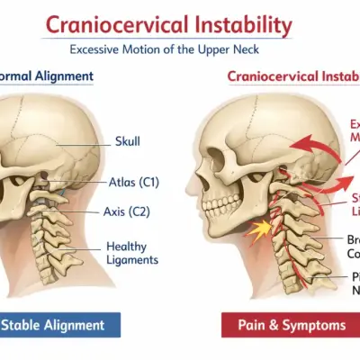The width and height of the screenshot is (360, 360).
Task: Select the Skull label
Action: pos(128,142)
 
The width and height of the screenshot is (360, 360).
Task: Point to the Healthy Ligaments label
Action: pos(132,253)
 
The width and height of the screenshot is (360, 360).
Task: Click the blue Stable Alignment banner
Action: pos(58,325)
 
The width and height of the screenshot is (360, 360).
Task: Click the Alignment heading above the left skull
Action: pos(54,77)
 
